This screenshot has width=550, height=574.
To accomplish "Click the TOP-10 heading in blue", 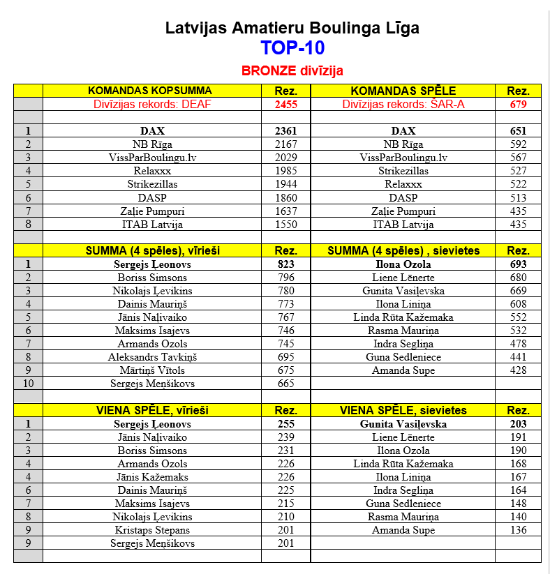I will point(292,48).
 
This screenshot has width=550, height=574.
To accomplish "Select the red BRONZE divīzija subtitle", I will point(292,71).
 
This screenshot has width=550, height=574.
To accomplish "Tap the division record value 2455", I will point(285,104).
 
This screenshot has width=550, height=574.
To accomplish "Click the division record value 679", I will point(517,104).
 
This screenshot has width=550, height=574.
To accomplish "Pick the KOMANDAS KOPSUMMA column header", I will point(151,91).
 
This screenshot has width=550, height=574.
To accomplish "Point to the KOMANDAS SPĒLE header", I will point(403,91).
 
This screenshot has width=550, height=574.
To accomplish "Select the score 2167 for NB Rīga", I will point(285,144).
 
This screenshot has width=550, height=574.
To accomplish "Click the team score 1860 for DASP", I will point(285,198).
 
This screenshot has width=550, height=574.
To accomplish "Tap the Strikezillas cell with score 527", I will point(403,171).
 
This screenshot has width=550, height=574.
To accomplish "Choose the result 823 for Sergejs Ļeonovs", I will point(285,265).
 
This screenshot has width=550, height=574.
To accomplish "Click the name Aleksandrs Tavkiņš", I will point(152,357).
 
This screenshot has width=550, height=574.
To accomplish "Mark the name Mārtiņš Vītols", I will point(152,370).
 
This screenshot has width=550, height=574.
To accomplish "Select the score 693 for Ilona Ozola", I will point(517,265).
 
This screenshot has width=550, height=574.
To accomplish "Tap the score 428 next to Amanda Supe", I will point(517,370).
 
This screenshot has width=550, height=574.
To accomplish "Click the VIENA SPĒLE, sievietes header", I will point(403,410).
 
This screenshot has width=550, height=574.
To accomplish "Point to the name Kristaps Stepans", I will point(152,530).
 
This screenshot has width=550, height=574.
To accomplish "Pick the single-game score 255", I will point(285,424).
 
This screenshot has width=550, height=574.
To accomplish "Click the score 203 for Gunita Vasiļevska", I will point(517,424).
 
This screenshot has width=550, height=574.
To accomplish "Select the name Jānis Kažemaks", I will point(152,477).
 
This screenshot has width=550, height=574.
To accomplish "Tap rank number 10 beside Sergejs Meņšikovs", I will point(28,384).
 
